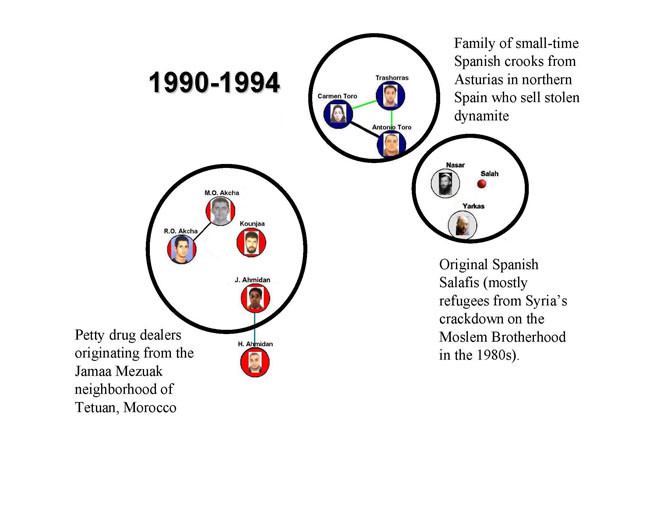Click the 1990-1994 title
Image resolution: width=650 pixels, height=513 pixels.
214,82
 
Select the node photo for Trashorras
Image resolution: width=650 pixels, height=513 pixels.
390,96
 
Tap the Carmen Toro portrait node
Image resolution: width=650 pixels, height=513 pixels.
338,114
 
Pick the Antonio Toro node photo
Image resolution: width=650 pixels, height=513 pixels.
391,145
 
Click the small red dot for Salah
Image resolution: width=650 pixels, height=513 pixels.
482,184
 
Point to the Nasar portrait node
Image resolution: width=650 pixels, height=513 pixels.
445,183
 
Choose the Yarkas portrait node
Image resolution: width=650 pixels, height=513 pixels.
463,225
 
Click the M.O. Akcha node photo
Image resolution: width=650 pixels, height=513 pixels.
221,211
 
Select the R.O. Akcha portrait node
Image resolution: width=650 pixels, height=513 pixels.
182,249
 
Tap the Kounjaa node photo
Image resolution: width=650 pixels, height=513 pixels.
251,242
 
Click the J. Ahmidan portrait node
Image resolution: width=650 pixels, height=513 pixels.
255,298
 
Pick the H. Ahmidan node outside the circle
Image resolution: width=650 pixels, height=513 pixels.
255,362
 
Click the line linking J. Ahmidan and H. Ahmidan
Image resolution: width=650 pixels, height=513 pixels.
255,330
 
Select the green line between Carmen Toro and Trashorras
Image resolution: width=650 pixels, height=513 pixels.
364,104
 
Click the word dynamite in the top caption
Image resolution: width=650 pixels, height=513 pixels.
481,116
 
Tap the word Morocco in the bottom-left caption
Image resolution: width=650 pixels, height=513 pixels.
150,407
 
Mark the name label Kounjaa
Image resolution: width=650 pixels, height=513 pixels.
252,224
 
